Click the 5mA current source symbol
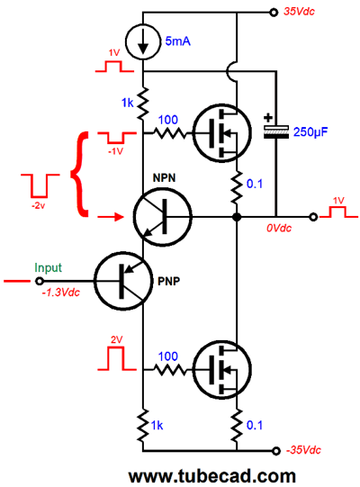coord(143,41)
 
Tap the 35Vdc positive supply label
coord(299,12)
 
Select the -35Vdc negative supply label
coord(303,450)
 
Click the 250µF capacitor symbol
coord(275,131)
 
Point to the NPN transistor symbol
coord(163,217)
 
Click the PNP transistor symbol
coord(123,281)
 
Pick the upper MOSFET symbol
coord(221,133)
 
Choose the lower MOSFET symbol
coord(221,370)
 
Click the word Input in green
coord(48,267)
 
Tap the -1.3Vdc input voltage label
coord(61,293)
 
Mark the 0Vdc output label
coord(279,229)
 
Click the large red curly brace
coord(79,175)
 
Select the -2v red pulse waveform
coord(40,185)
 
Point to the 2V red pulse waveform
coord(117,357)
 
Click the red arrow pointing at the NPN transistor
coord(111,217)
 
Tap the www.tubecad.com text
coord(212,476)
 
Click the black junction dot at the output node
coord(237,217)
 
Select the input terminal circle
coord(39,281)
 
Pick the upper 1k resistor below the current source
coord(143,104)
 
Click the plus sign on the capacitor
coord(268,118)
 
